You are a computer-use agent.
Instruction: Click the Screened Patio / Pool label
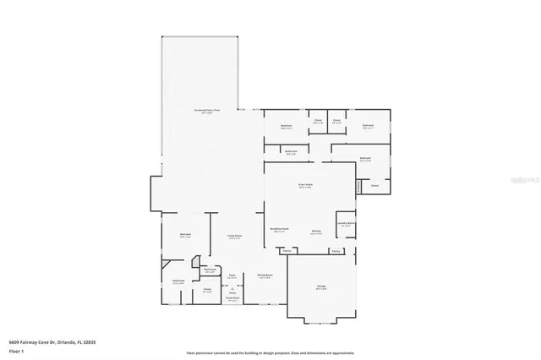[x=206, y=110]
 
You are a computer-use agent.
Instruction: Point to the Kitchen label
[x=315, y=230]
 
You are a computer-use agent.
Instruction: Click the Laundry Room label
[x=345, y=225]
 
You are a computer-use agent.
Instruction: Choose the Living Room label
[x=234, y=236]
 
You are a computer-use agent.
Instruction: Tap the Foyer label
[x=232, y=275]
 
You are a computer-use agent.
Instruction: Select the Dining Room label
[x=264, y=275]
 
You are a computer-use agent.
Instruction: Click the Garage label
[x=321, y=286]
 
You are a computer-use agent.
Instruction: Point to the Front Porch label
[x=232, y=298]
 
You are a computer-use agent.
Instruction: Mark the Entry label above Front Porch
[x=232, y=290]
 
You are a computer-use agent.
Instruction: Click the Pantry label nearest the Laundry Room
[x=336, y=251]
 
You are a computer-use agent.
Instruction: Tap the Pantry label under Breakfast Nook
[x=287, y=251]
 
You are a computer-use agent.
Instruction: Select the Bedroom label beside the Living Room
[x=185, y=235]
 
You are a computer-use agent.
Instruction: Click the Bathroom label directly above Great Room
[x=290, y=152]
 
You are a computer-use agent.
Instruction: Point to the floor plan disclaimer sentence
[x=271, y=352]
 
